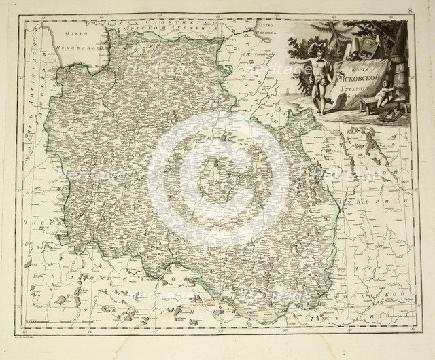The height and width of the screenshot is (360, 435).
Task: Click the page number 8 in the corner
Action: tap(410, 11)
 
